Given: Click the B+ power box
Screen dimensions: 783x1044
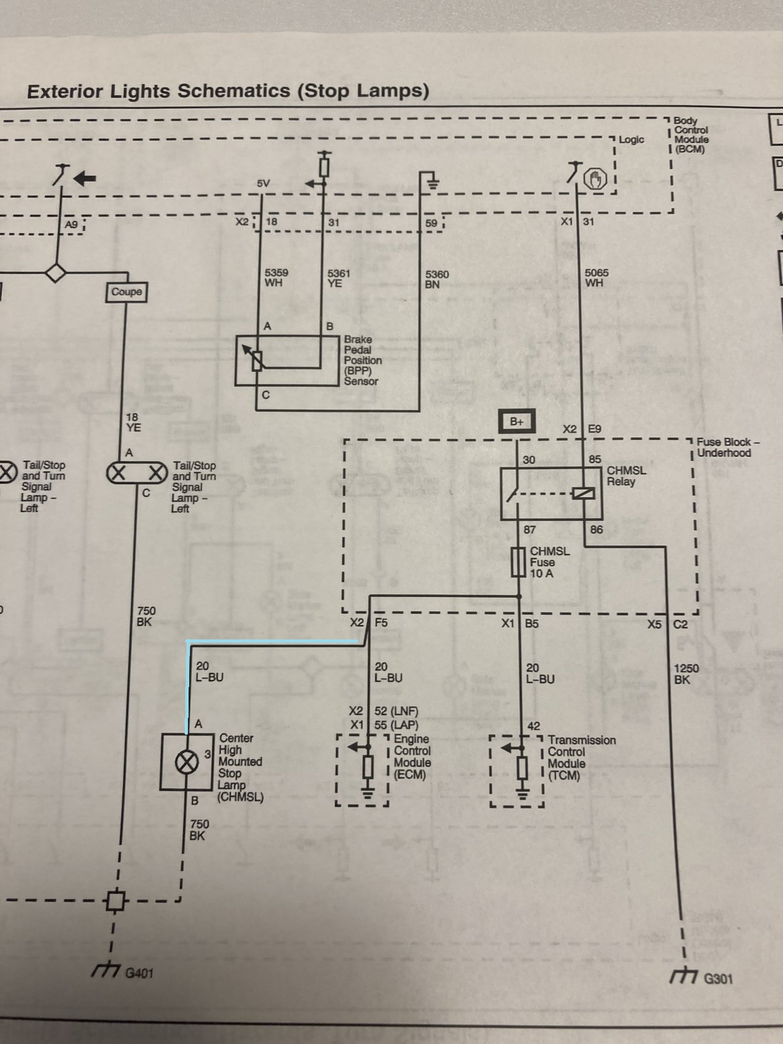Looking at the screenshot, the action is (517, 422).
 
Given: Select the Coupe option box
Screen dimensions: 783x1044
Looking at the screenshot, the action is (127, 292).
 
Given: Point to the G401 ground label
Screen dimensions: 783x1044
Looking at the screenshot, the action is (139, 973).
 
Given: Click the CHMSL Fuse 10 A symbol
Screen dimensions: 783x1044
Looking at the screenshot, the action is (517, 562).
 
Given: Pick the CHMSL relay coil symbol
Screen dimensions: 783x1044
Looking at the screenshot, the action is (583, 493).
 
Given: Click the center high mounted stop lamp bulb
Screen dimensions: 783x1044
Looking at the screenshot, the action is (187, 763).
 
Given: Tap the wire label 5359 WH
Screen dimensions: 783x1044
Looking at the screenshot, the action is (276, 278).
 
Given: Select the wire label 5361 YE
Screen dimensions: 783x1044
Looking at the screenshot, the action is (339, 278).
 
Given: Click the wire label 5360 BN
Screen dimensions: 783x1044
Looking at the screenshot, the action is (437, 280).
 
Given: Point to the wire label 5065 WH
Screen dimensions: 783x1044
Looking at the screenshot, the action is (596, 278).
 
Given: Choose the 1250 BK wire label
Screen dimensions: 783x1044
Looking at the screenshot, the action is (686, 674).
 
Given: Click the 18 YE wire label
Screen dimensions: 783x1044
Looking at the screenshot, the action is (134, 422).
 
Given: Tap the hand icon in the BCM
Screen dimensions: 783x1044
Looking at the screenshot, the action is (594, 179).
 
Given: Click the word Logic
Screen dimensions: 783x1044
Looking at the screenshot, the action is (632, 140).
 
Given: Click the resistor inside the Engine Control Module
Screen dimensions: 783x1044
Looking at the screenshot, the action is (368, 767).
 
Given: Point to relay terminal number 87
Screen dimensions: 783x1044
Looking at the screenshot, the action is (530, 529).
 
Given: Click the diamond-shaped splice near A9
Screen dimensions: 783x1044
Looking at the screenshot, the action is (55, 273).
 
